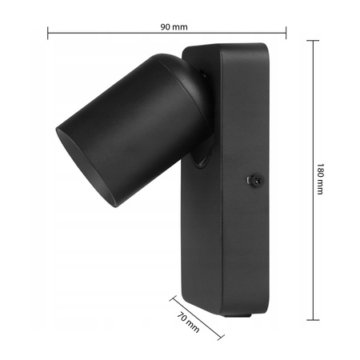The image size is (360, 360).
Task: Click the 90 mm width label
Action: coord(174,26)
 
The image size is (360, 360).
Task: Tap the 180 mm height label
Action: coord(320,181)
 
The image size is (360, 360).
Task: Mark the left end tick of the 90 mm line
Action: coord(48,33)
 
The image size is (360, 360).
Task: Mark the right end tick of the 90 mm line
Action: coord(286,33)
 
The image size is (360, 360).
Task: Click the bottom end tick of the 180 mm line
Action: coord(311,319)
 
